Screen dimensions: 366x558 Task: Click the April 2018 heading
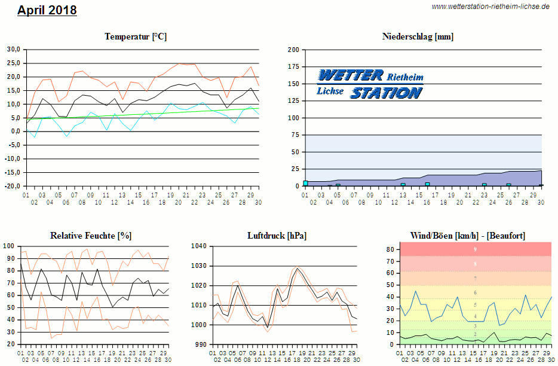(x=47, y=10)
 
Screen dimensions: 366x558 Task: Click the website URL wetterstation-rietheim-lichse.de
(x=490, y=7)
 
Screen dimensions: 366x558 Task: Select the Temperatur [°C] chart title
(x=136, y=36)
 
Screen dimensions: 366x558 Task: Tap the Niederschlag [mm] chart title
(x=418, y=36)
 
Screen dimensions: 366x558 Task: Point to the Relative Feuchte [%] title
(x=91, y=236)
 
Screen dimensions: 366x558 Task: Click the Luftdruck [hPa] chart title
(x=277, y=236)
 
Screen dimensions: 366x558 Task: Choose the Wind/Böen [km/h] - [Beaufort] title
(x=468, y=236)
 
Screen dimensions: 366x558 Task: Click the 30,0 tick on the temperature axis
(x=14, y=49)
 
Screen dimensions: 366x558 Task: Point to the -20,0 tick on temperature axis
(x=13, y=186)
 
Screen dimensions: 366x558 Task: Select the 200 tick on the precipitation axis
(x=293, y=50)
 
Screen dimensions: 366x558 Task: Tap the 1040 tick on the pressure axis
(x=199, y=246)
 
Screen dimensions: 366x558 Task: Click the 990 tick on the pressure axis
(x=201, y=344)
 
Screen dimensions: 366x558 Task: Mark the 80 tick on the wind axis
(x=388, y=249)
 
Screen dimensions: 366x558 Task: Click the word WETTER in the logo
(x=351, y=75)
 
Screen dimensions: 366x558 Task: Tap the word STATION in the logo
(x=386, y=92)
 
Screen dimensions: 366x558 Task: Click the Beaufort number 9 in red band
(x=475, y=249)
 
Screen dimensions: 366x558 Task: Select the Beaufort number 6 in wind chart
(x=475, y=292)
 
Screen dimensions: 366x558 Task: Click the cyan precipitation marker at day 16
(x=427, y=184)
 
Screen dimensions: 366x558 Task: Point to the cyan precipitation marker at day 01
(x=305, y=183)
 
